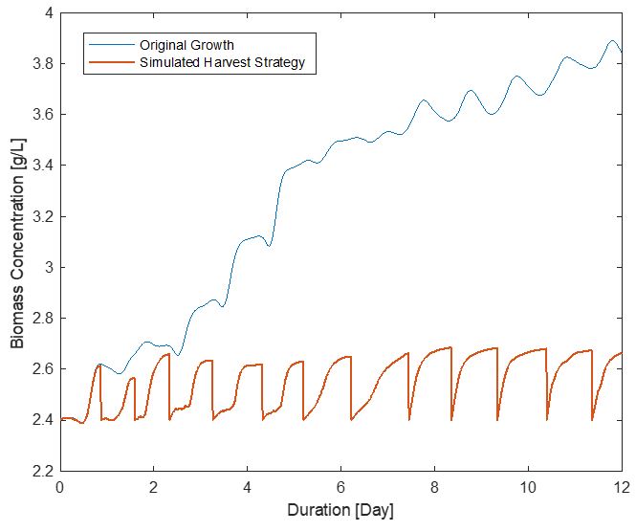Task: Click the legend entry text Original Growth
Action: point(186,45)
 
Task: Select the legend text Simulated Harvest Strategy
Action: point(222,63)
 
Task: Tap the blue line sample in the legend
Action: point(110,45)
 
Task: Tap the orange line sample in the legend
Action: point(110,63)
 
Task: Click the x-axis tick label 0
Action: point(59,487)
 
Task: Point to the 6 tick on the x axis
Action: point(340,487)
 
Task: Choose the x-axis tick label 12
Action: point(622,487)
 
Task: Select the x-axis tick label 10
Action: point(528,487)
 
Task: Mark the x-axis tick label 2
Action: point(153,487)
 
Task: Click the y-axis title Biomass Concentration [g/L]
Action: point(17,242)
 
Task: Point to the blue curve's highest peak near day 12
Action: point(613,40)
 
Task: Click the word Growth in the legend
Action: point(212,45)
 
